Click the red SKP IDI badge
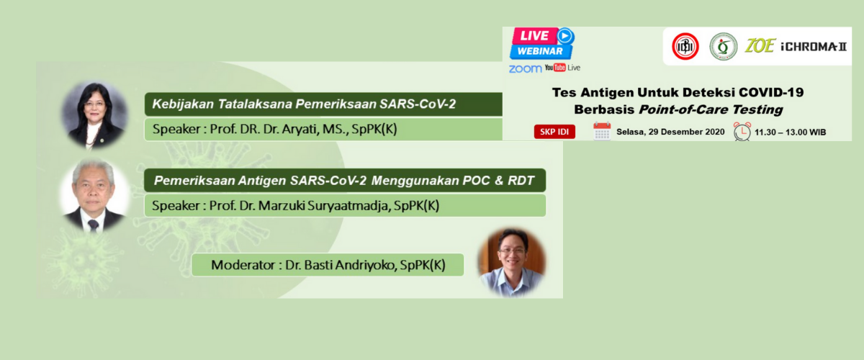point(554,132)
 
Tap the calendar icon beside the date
point(602,131)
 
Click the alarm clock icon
point(742,132)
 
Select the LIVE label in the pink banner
point(534,36)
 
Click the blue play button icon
point(565,36)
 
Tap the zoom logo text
point(525,68)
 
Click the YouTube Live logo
point(562,68)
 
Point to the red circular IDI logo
point(685,46)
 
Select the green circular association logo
point(723,46)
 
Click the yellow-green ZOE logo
point(760,46)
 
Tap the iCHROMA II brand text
point(814,47)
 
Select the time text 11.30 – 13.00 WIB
point(790,132)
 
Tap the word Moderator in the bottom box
point(243,265)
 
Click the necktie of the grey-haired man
point(94,225)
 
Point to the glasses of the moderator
point(511,251)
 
